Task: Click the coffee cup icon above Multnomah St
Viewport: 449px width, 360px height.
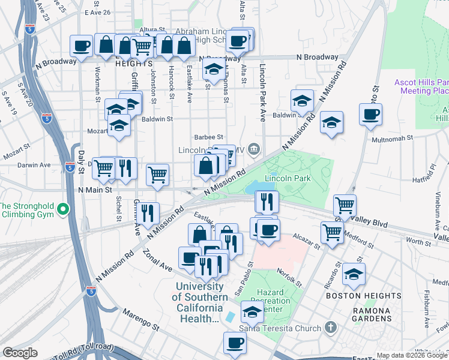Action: (370, 114)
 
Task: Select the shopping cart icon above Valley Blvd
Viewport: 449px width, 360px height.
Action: (345, 205)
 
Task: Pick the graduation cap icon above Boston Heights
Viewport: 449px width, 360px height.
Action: (354, 274)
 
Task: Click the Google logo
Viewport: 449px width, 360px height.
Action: (20, 353)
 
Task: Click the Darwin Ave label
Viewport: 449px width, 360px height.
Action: (34, 165)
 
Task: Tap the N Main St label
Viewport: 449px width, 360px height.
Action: (95, 190)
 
